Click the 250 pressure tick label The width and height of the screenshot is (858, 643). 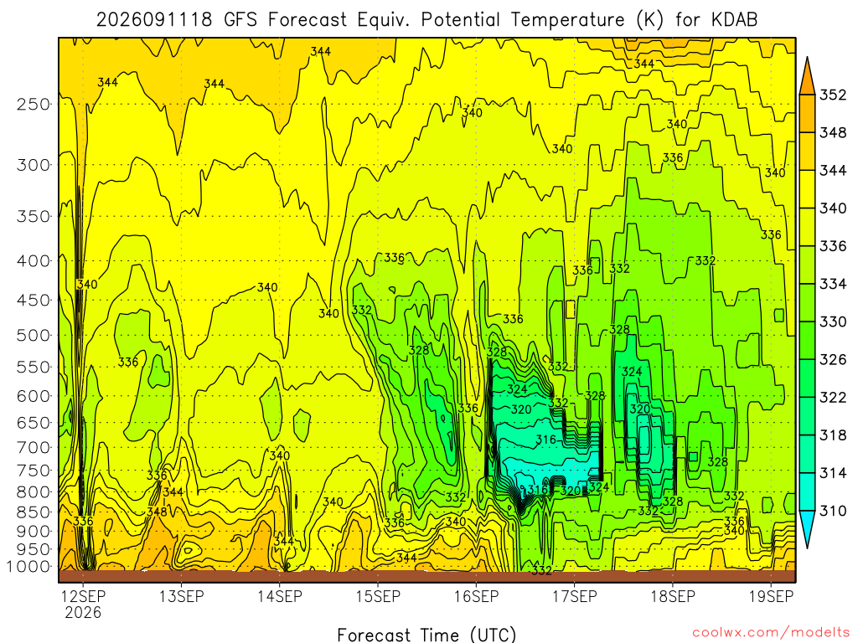click(34, 104)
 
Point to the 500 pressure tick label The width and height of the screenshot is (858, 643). click(34, 335)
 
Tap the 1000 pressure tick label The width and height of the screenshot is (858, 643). click(28, 567)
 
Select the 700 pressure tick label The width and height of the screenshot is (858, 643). click(34, 447)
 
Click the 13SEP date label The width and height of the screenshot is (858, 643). click(181, 596)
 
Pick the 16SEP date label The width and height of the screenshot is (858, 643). click(476, 596)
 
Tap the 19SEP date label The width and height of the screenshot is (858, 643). click(771, 596)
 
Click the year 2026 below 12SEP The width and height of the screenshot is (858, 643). click(83, 612)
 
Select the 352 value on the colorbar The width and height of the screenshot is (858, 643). click(833, 95)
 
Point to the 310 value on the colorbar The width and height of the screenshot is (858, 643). click(833, 511)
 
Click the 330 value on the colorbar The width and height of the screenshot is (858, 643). click(833, 321)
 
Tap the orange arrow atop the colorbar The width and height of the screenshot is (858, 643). click(807, 75)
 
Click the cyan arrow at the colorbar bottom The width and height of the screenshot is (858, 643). click(807, 529)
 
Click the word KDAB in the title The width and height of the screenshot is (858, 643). click(734, 20)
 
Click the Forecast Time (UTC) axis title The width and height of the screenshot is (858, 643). click(426, 635)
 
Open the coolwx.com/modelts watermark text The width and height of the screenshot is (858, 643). click(771, 633)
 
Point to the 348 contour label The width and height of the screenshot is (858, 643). click(157, 512)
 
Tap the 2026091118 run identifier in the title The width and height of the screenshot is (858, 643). click(154, 20)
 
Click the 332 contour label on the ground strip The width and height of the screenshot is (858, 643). click(541, 571)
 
